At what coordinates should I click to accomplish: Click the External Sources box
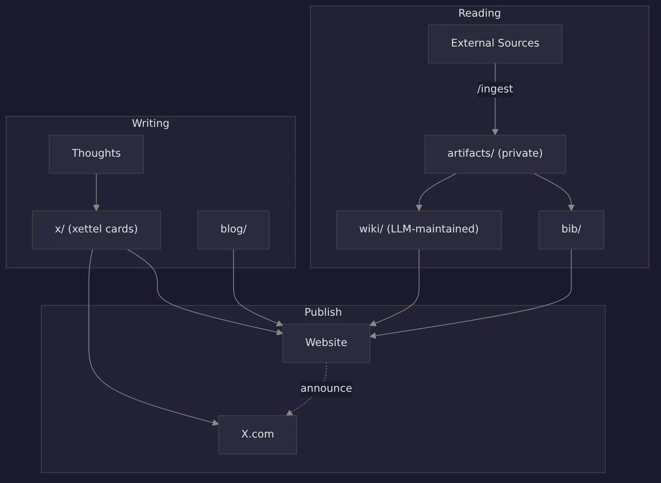coord(495,44)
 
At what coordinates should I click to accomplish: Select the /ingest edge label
coord(495,89)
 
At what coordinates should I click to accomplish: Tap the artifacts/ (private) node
coord(495,154)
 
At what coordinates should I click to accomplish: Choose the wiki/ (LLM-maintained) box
coord(419,229)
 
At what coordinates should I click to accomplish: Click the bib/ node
coord(571,229)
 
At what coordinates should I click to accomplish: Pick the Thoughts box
coord(96,154)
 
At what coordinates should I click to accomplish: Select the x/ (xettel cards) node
coord(96,229)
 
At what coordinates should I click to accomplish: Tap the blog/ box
coord(233,229)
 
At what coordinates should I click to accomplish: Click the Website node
coord(326,343)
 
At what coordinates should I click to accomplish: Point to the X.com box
coord(257,434)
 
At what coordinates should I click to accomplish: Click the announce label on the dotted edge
coord(326,388)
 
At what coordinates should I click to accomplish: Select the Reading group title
coord(479,13)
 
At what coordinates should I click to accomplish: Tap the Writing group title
coord(150,123)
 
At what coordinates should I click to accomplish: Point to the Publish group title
coord(323,312)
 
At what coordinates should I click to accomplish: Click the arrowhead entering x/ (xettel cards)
coord(96,208)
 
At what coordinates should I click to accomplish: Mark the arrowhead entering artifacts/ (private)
coord(495,132)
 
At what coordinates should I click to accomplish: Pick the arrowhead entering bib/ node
coord(571,208)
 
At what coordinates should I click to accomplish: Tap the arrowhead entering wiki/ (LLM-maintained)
coord(419,208)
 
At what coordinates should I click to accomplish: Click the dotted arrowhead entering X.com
coord(290,413)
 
